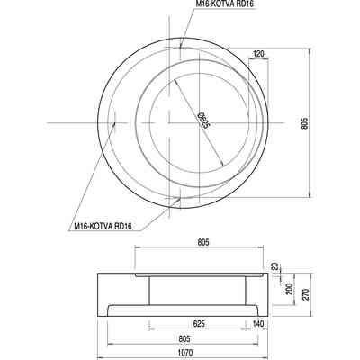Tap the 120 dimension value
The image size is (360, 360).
point(258,54)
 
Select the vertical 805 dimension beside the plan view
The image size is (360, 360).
point(304,122)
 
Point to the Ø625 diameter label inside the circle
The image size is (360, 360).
point(203,121)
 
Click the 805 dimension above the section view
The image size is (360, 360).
point(203,242)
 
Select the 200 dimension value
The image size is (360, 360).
point(289,289)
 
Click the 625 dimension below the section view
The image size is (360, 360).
point(199,324)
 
